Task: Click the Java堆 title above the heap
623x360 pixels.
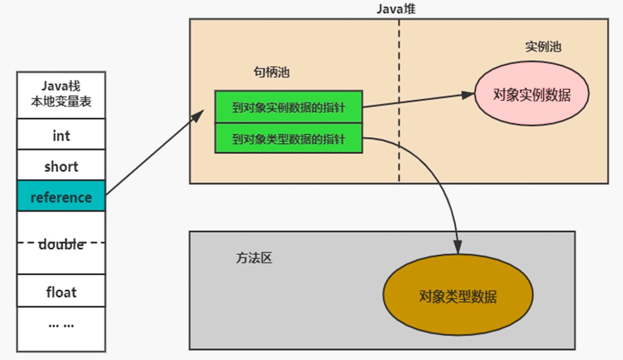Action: coord(396,8)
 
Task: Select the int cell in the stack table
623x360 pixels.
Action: coord(61,134)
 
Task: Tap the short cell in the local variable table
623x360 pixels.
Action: coord(61,165)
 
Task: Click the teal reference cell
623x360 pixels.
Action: coord(61,196)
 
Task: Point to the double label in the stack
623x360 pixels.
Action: coord(61,244)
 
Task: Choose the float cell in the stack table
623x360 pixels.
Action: coord(61,291)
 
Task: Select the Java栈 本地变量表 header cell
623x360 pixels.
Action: coord(61,95)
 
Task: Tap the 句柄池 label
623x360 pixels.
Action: coord(272,72)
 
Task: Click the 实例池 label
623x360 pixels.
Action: coord(543,47)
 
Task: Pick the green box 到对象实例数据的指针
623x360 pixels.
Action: coord(288,107)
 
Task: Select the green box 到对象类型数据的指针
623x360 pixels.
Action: coord(288,138)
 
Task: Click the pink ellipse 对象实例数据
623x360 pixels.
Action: coord(532,94)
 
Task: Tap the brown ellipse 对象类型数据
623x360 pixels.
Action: coord(458,295)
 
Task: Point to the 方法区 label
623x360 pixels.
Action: coord(254,258)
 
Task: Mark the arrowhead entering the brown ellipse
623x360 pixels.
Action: coord(458,247)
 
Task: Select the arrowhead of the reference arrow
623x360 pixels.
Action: coord(198,116)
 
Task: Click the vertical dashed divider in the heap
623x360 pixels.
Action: coord(399,101)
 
